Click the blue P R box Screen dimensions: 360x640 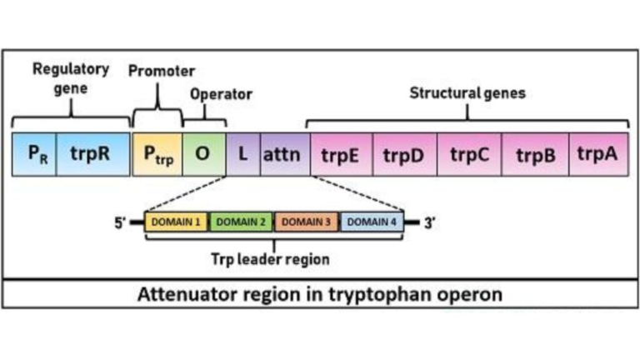34,155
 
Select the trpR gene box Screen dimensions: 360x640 92,155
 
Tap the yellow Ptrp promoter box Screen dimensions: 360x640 157,155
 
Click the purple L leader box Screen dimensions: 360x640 242,155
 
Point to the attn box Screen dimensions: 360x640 283,155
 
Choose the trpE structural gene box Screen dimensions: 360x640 340,155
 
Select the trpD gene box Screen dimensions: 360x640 404,155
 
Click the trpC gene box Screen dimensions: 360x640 469,155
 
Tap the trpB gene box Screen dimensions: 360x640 534,155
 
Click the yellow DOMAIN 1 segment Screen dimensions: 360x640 177,222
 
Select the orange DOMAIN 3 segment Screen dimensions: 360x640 306,222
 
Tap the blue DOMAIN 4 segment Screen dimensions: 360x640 371,222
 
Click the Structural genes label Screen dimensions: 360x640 467,93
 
